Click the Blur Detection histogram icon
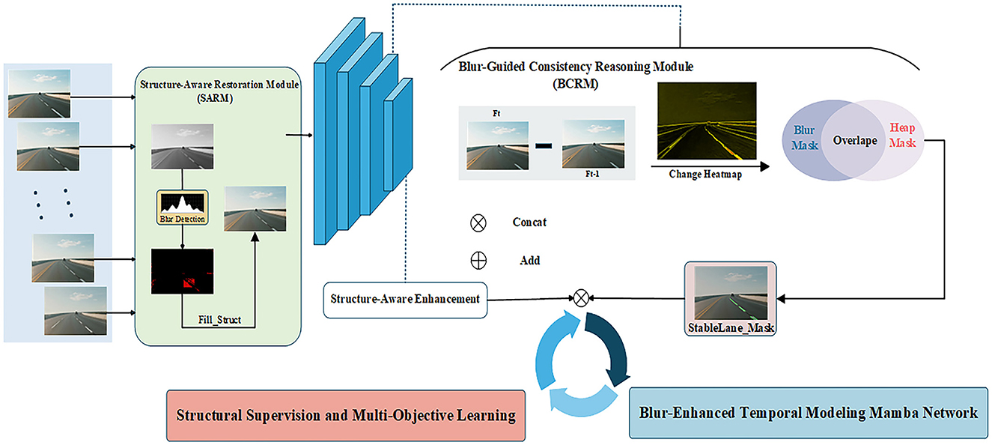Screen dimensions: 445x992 181,206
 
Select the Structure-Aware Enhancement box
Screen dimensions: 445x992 405,299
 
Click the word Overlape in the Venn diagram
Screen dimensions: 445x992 854,141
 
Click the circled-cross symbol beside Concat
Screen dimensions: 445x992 478,222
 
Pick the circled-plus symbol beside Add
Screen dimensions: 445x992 478,261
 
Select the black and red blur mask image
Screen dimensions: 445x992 180,273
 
